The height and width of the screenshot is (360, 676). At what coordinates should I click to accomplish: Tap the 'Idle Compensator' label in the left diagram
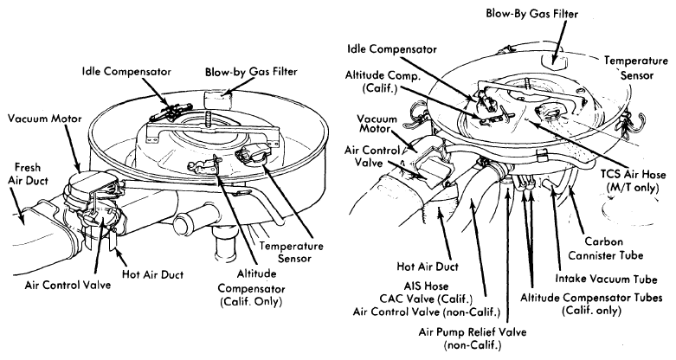(x=126, y=72)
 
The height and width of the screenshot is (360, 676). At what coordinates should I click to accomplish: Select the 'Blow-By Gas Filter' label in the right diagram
(x=532, y=13)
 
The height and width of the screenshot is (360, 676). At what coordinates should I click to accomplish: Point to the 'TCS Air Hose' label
(x=633, y=181)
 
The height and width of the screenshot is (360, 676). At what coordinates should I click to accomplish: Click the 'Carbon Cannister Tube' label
(x=605, y=248)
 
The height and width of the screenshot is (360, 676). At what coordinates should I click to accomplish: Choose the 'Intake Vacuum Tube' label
(x=606, y=279)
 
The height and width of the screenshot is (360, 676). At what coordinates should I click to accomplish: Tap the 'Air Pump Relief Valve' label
(x=473, y=338)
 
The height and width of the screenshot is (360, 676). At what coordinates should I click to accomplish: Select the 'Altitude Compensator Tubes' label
(x=591, y=304)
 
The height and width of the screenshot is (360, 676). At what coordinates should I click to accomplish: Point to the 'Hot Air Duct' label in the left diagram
(x=152, y=274)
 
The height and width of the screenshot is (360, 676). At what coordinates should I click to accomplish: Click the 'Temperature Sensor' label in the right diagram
(x=636, y=67)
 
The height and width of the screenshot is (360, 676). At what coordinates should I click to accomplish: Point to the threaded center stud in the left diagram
(x=209, y=119)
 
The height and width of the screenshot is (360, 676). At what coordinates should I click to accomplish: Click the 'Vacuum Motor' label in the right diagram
(x=377, y=124)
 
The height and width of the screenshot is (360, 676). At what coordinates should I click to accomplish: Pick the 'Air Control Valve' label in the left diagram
(x=68, y=285)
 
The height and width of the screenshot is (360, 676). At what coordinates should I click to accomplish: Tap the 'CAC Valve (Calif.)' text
(x=426, y=299)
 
